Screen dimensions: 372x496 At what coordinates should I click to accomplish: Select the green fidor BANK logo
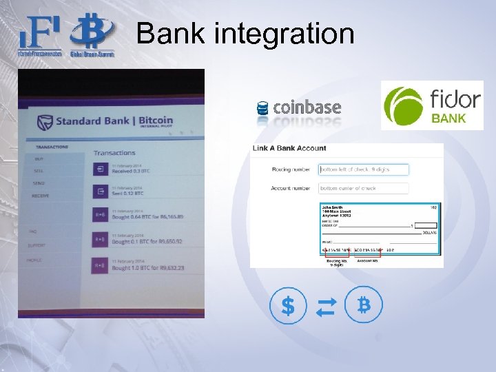coord(432,105)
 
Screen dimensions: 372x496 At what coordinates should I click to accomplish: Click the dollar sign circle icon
coord(288,306)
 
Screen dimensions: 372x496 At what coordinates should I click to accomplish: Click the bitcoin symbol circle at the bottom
coord(364,305)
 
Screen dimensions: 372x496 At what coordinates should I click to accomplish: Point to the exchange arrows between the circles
coord(326,306)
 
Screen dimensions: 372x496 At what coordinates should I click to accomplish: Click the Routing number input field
coord(364,169)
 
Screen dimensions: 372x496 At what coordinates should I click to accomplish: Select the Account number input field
coord(364,188)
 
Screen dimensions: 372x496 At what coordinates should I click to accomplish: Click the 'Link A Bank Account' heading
coord(289,149)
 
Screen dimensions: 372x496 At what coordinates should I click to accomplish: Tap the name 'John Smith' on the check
coord(333,207)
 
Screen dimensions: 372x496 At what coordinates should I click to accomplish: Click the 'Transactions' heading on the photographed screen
coord(114,152)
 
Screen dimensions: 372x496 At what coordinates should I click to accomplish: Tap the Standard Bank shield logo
coord(45,122)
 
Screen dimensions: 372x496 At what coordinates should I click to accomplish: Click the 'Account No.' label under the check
coord(367,261)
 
